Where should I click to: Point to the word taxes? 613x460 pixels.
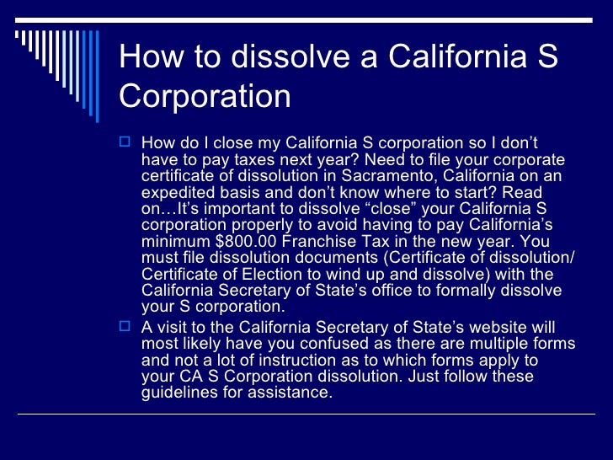pos(238,159)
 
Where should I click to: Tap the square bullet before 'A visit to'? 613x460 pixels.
pos(127,327)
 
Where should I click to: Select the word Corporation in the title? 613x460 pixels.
pos(205,96)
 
